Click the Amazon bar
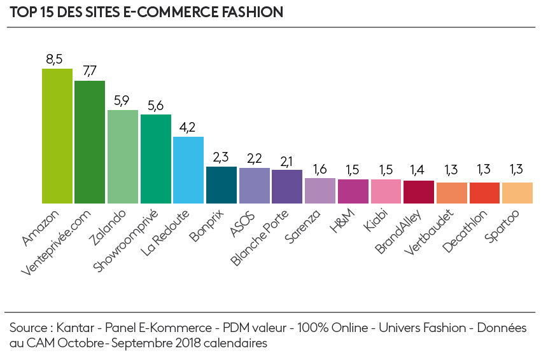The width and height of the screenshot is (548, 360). tap(57, 135)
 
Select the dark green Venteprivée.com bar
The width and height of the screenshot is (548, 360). tap(90, 141)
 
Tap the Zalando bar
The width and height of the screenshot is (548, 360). tap(123, 156)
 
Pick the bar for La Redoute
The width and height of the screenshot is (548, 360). tap(188, 169)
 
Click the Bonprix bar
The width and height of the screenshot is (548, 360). tap(221, 184)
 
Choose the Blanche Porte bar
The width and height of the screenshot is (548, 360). tap(287, 186)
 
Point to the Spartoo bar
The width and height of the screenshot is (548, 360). tap(517, 193)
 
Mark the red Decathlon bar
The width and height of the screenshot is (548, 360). tap(484, 193)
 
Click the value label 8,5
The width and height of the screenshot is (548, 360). tap(54, 59)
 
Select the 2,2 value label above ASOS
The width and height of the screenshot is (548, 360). tap(254, 158)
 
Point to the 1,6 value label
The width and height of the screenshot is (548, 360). tap(320, 169)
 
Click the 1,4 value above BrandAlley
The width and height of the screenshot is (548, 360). tap(418, 171)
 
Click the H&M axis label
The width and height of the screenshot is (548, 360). tap(342, 223)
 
